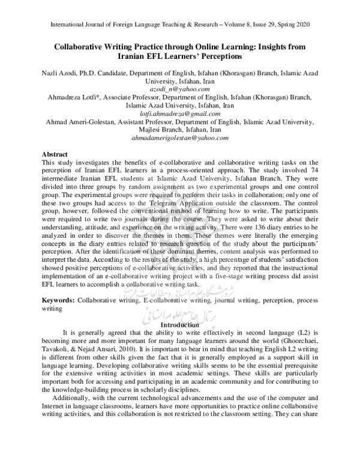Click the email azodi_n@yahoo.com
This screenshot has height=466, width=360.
coord(180,88)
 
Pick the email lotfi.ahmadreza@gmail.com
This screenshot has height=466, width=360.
coord(180,113)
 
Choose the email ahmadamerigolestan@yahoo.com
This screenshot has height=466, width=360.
coord(180,138)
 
